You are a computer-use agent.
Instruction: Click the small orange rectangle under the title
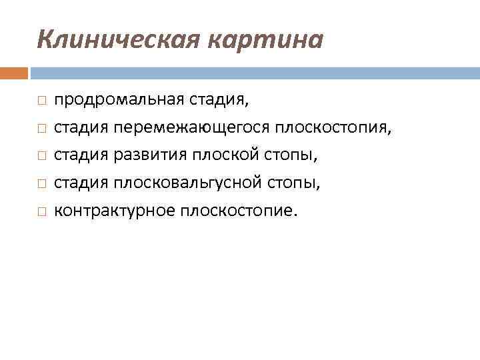click(x=14, y=73)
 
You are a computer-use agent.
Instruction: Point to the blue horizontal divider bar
click(x=254, y=73)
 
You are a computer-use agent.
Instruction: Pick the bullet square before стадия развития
click(x=41, y=156)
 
